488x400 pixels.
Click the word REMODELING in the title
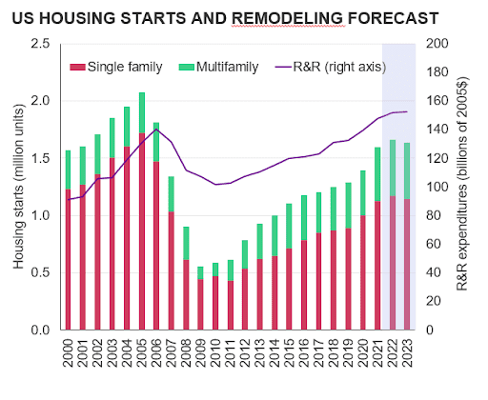click(x=288, y=18)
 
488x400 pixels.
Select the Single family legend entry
click(x=116, y=67)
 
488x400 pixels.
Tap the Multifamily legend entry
click(x=218, y=67)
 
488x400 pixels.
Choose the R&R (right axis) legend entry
click(x=331, y=67)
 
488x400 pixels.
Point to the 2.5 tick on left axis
click(x=40, y=44)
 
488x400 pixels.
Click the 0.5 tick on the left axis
click(x=40, y=272)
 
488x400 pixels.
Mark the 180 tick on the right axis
click(x=437, y=72)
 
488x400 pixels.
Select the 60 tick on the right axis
click(x=434, y=244)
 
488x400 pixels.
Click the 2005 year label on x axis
click(x=141, y=352)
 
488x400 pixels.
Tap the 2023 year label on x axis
click(x=407, y=352)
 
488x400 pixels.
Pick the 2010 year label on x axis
click(x=215, y=352)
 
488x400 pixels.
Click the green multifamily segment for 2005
click(x=142, y=112)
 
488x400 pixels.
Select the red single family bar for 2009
click(x=200, y=305)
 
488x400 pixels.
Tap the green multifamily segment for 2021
click(x=377, y=174)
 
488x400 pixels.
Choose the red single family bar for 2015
click(x=289, y=289)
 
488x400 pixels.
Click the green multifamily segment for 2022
click(x=393, y=168)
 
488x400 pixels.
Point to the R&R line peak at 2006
click(x=156, y=129)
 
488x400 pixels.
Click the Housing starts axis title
click(x=18, y=187)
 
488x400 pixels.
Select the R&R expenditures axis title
click(x=461, y=184)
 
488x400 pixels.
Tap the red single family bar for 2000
click(x=68, y=259)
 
